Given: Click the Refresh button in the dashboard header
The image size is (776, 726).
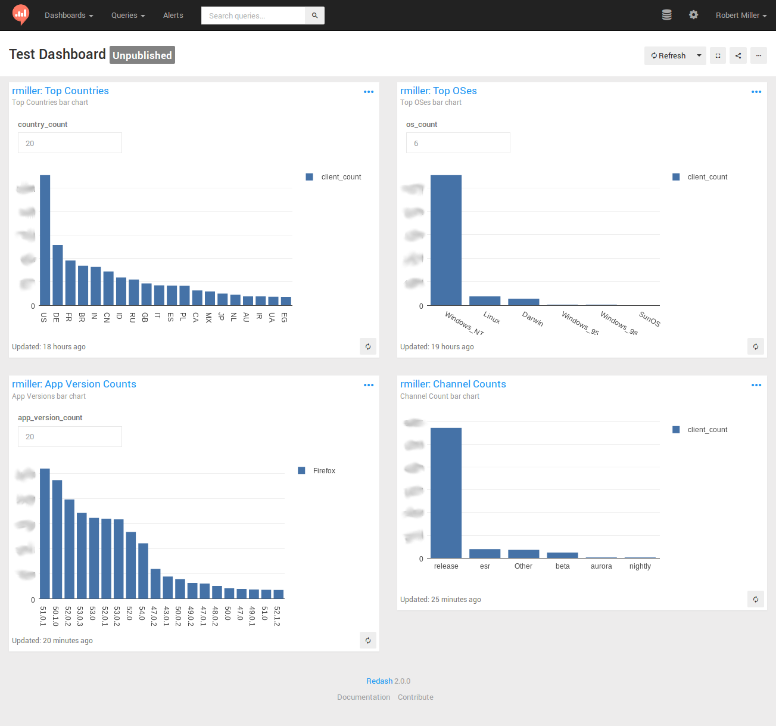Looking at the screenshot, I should click(x=668, y=55).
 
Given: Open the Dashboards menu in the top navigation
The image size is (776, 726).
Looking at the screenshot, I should click(x=68, y=15).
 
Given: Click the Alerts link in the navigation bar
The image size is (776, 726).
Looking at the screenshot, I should click(x=173, y=15).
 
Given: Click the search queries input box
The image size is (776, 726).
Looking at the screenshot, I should click(x=253, y=15).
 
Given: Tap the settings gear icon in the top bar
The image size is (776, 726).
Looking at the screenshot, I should click(x=693, y=15).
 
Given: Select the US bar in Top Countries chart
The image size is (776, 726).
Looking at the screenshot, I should click(x=45, y=240).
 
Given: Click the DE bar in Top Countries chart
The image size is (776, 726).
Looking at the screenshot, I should click(x=57, y=275).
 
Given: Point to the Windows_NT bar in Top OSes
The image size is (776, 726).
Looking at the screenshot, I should click(x=445, y=240).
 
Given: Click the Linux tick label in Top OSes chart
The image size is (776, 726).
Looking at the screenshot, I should click(x=491, y=318).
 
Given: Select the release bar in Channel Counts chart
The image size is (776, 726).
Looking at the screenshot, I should click(x=445, y=492).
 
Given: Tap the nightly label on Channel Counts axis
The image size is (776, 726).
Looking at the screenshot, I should click(x=640, y=566).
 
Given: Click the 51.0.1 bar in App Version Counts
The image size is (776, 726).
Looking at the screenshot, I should click(x=45, y=533).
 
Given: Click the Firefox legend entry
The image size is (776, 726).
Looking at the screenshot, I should click(x=324, y=471).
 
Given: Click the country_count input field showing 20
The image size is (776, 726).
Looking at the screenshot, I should click(x=70, y=143).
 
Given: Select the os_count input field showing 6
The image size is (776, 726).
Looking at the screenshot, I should click(x=457, y=143).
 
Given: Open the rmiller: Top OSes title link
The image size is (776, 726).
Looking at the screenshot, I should click(x=438, y=91).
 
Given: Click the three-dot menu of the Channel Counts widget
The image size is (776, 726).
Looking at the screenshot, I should click(x=756, y=385).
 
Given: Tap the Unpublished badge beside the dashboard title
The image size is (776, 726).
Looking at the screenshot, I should click(x=142, y=55).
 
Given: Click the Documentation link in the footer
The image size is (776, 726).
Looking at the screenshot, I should click(x=363, y=697).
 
